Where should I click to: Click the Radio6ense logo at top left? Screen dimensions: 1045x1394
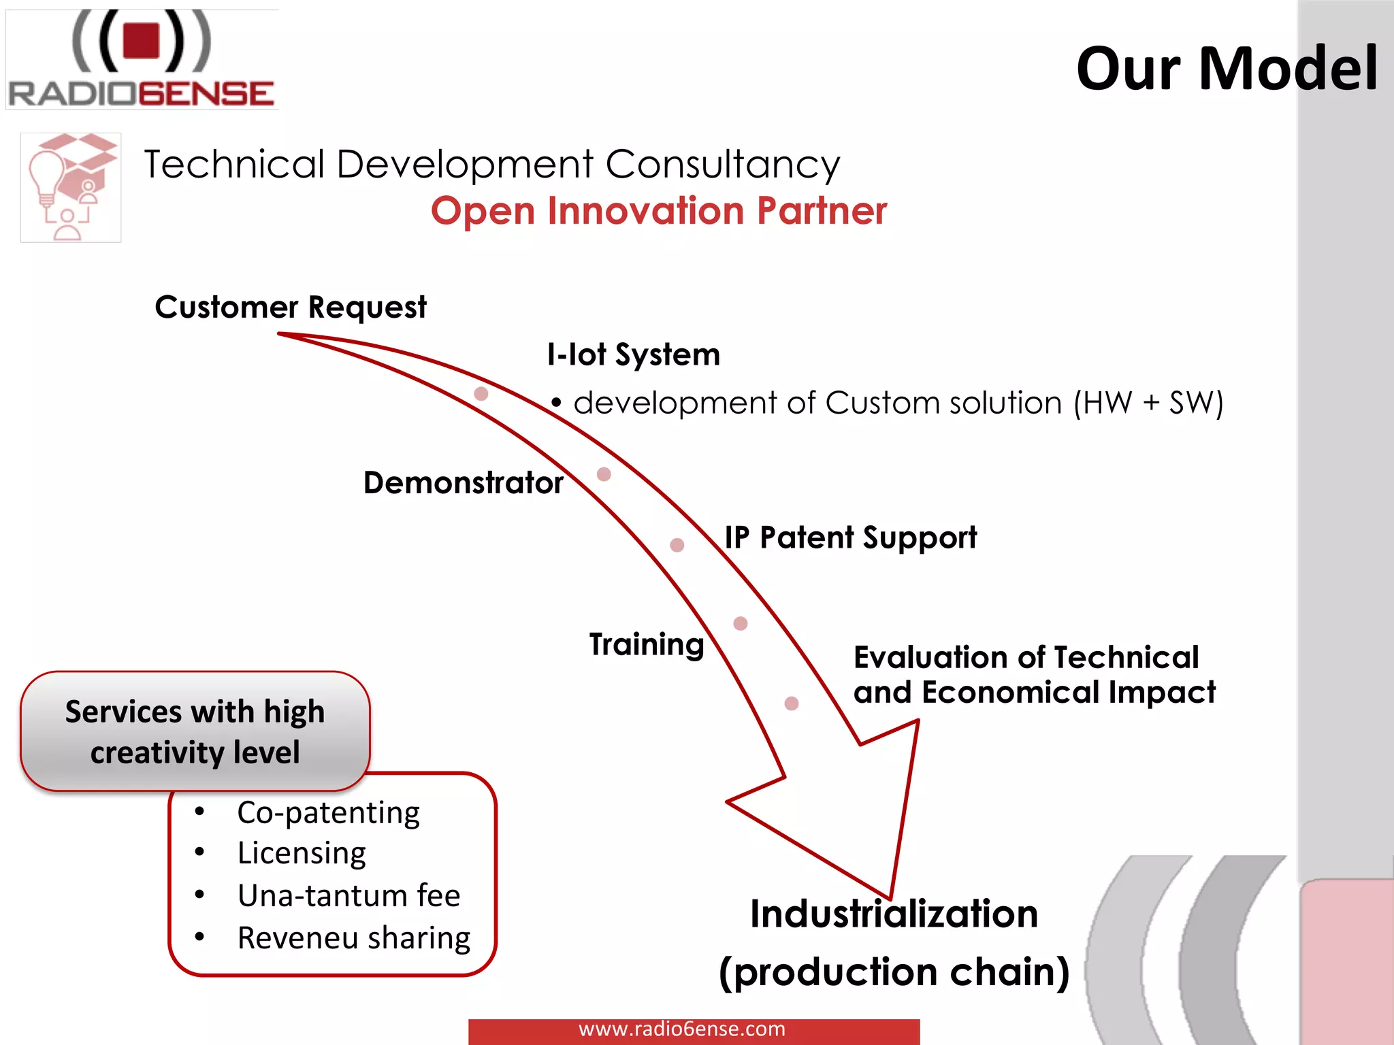click(142, 60)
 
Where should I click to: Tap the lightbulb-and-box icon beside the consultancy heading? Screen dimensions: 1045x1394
click(71, 187)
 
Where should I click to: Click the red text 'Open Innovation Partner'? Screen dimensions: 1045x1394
click(658, 211)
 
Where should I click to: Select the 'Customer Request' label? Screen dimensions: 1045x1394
click(291, 308)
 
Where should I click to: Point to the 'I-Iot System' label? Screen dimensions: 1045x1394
click(633, 354)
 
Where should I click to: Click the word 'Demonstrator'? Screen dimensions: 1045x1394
click(463, 483)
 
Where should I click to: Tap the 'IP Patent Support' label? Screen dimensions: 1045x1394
click(850, 537)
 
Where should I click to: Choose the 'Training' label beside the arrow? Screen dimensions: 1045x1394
click(646, 644)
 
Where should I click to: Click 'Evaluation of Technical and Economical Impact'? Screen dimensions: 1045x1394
click(1033, 675)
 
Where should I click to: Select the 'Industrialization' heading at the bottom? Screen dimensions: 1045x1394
click(894, 914)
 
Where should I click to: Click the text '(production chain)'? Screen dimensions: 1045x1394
click(894, 972)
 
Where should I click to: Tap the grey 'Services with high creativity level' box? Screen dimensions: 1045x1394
click(195, 731)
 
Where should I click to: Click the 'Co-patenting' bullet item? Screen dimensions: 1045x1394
click(328, 812)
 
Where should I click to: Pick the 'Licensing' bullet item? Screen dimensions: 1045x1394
click(301, 853)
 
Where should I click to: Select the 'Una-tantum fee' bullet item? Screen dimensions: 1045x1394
click(348, 895)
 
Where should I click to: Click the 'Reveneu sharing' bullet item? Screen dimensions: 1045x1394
click(353, 938)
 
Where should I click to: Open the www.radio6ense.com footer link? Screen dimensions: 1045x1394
click(681, 1029)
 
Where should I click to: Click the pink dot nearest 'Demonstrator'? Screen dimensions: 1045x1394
click(604, 474)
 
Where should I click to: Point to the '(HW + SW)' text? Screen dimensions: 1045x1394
click(1148, 403)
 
